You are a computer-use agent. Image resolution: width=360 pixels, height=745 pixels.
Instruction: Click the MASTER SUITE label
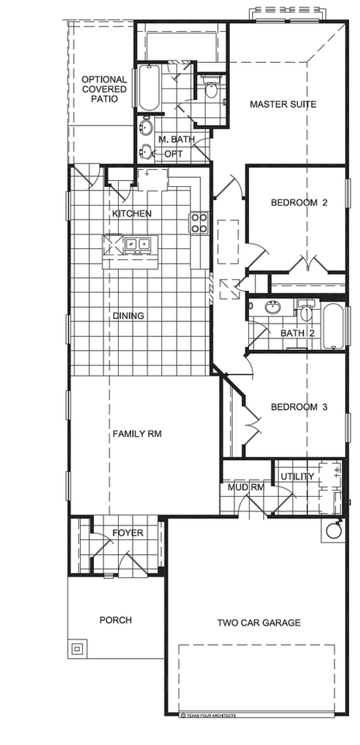coord(282,104)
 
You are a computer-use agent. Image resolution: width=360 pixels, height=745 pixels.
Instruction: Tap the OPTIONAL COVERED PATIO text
coord(104,89)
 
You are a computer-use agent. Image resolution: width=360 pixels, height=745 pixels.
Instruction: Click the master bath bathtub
coord(149,88)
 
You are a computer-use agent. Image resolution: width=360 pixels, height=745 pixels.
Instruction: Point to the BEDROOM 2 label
coord(299,203)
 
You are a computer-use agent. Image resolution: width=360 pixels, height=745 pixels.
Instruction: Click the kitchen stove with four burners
coord(199,223)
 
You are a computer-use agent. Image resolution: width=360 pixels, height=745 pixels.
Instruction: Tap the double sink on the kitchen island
coord(137,244)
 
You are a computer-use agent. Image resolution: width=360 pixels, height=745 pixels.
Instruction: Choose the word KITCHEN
coord(132,213)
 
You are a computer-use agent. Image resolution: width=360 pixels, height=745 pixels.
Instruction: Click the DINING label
coord(129,316)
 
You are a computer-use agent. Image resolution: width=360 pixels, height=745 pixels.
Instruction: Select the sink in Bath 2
coord(272,307)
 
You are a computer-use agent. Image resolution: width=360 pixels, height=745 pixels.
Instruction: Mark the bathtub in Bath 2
coord(331,326)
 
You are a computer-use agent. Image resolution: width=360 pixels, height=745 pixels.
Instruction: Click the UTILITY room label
coord(297,476)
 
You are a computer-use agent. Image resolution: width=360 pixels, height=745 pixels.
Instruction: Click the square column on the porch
coord(77,648)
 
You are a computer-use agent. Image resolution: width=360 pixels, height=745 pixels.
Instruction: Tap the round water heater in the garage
coord(334,531)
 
